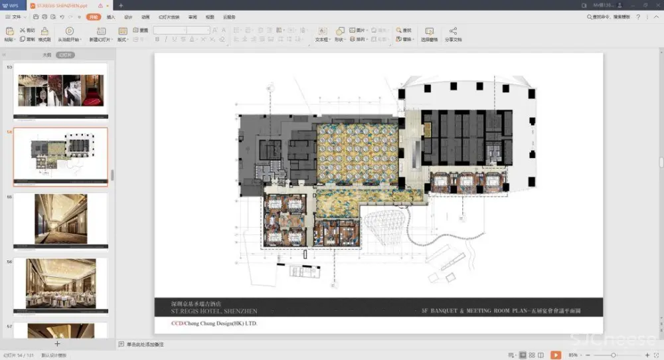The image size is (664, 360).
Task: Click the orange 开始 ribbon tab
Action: click(94, 17)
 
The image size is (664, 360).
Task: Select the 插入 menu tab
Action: click(111, 17)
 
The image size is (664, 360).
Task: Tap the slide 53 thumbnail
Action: click(60, 90)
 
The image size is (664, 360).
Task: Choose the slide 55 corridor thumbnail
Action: click(60, 219)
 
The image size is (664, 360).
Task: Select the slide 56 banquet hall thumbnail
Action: click(60, 284)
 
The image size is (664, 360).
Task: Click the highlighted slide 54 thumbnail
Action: click(60, 157)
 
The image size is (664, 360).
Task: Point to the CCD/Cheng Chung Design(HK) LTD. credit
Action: click(214, 323)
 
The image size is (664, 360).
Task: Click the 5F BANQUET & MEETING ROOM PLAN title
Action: click(501, 311)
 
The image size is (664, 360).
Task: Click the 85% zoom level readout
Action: click(573, 355)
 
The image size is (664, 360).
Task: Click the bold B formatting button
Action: click(157, 39)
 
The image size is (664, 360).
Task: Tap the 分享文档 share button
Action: click(453, 34)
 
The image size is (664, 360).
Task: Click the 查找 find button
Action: click(404, 31)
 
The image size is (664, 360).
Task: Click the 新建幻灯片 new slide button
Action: click(100, 34)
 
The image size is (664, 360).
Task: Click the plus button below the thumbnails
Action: click(57, 344)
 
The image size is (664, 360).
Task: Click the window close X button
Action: click(655, 5)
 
